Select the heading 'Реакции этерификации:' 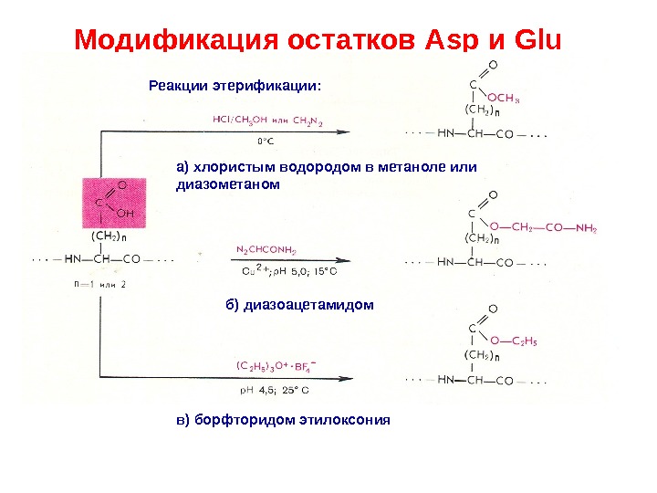pos(235,87)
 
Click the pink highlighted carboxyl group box pos(113,204)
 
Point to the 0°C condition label pos(265,142)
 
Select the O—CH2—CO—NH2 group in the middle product pos(542,228)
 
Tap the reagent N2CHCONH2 pos(266,248)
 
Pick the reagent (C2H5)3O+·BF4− pos(280,366)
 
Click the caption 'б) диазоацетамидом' pos(299,304)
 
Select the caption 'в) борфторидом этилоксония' pos(283,420)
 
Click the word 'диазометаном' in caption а pos(223,184)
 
